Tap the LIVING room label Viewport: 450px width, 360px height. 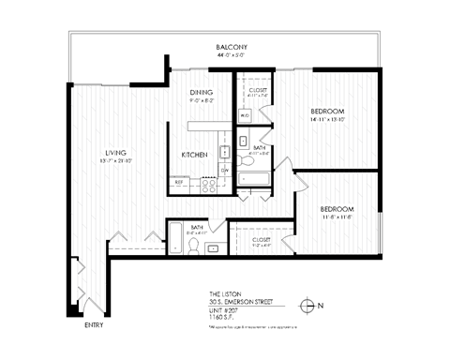pyautogui.click(x=116, y=153)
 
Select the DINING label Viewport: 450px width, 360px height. pyautogui.click(x=202, y=92)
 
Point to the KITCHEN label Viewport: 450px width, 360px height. pyautogui.click(x=194, y=154)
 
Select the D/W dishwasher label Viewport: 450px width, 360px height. pyautogui.click(x=225, y=170)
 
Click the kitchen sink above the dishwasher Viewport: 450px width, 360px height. pyautogui.click(x=225, y=151)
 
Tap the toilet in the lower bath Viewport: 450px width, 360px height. pyautogui.click(x=193, y=245)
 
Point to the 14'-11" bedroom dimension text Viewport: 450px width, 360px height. pyautogui.click(x=328, y=120)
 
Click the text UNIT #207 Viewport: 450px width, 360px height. pyautogui.click(x=225, y=309)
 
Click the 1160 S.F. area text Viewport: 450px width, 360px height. pyautogui.click(x=222, y=317)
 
